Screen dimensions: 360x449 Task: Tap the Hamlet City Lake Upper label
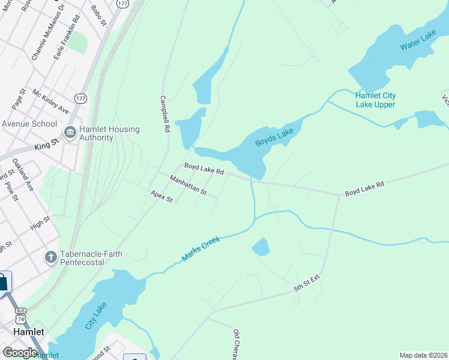point(375,100)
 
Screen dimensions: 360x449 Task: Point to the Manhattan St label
point(188,185)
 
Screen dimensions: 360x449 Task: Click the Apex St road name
point(161,196)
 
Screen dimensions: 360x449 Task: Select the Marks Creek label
point(201,248)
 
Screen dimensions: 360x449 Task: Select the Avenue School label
point(29,124)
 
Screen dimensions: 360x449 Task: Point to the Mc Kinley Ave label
point(50,102)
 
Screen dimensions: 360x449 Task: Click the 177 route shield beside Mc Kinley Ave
point(81,97)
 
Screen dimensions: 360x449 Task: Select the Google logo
point(20,353)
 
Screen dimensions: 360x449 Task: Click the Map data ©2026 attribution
point(423,355)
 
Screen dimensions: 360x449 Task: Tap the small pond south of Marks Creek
point(261,247)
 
